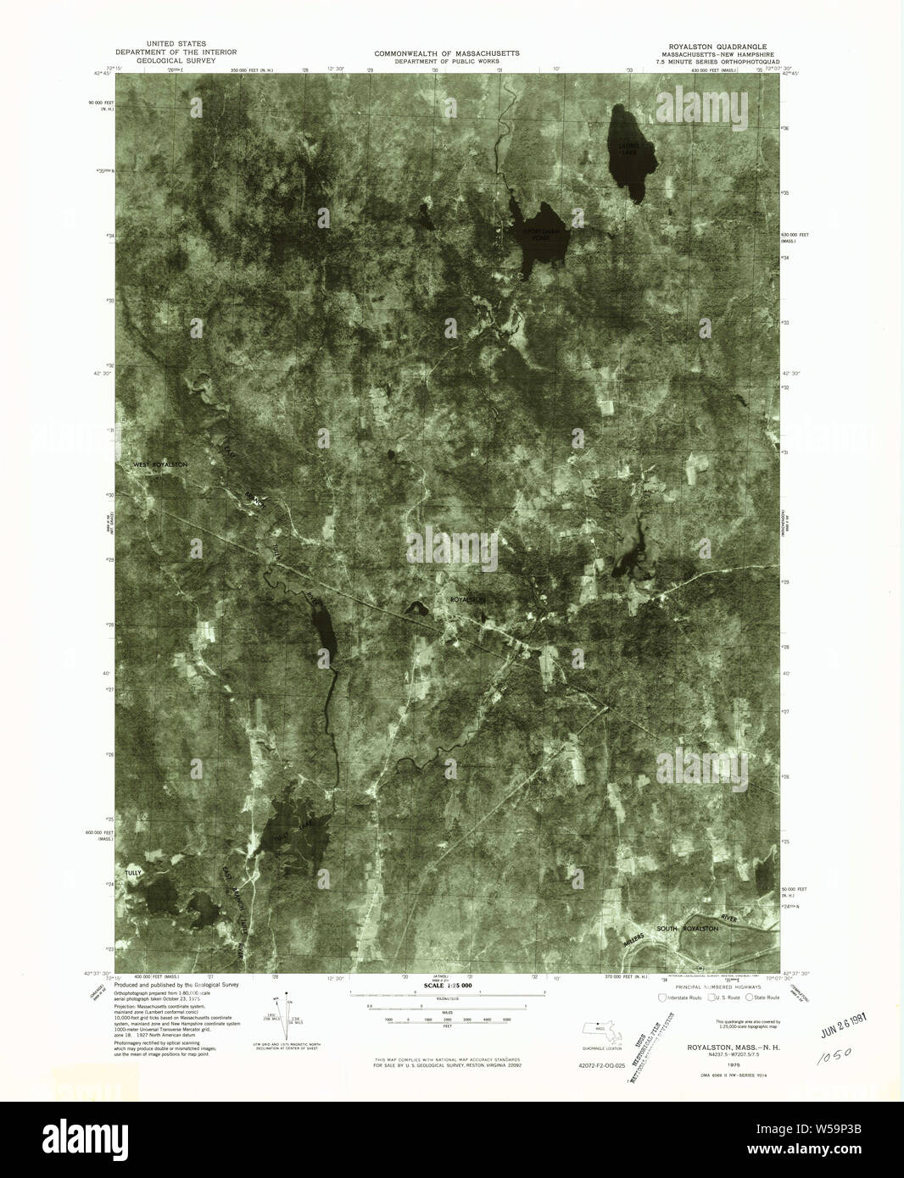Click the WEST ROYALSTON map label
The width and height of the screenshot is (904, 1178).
click(x=159, y=465)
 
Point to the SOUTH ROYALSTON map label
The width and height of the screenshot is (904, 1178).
click(x=688, y=929)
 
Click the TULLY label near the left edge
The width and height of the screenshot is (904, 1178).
click(x=133, y=872)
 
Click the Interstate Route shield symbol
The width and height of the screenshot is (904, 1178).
click(x=663, y=997)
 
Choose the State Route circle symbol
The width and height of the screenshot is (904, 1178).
click(x=748, y=997)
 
